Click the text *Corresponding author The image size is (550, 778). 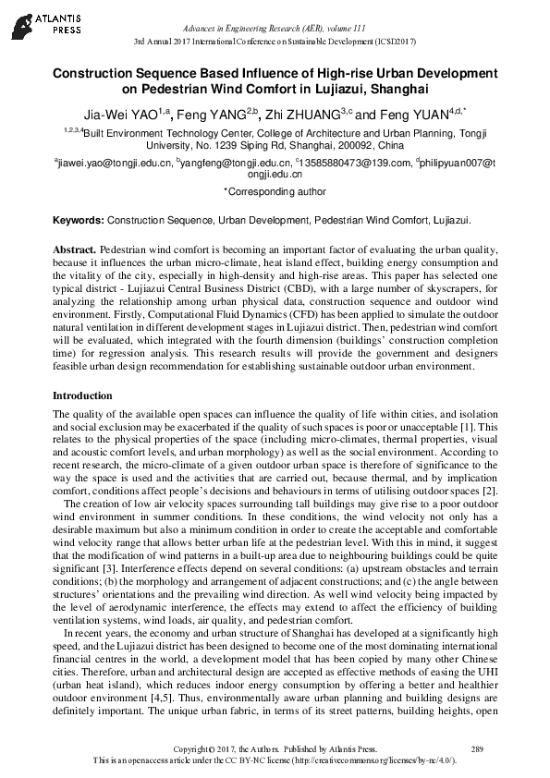pyautogui.click(x=275, y=191)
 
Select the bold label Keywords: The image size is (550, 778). pyautogui.click(x=78, y=222)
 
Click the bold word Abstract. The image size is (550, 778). pyautogui.click(x=73, y=250)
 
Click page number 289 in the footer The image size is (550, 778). pyautogui.click(x=477, y=748)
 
